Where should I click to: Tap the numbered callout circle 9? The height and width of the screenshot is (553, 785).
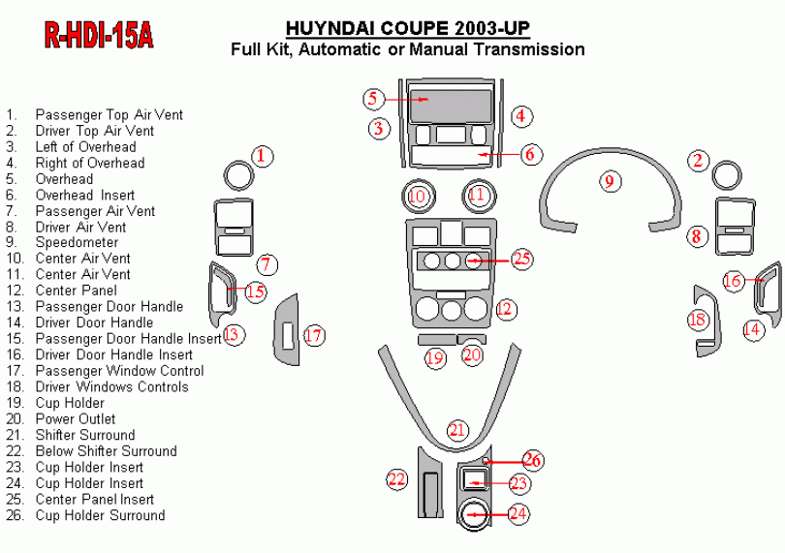[609, 180]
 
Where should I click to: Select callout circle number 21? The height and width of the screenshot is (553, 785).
[457, 430]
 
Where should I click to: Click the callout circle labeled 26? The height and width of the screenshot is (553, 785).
[532, 459]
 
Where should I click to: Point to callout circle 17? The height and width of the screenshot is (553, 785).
[313, 336]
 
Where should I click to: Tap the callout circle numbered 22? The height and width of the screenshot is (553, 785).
[397, 478]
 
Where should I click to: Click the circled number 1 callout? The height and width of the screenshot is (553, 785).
[263, 155]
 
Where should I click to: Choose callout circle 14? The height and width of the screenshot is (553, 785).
[752, 329]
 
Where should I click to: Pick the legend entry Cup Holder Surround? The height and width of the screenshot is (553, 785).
[100, 515]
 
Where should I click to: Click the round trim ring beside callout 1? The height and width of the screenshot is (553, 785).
[236, 175]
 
